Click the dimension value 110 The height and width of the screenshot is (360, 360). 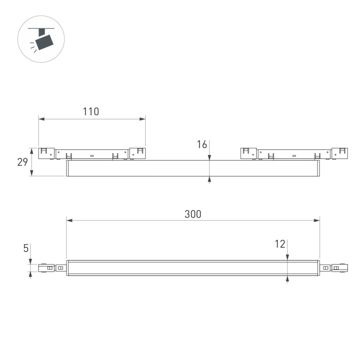(x=91, y=111)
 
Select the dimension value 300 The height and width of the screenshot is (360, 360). (x=193, y=214)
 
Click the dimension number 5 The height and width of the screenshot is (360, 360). (x=26, y=248)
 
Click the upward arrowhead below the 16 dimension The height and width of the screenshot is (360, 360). (x=209, y=180)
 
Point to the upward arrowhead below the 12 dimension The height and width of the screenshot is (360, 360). (x=287, y=279)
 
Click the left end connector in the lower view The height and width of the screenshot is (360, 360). (x=51, y=268)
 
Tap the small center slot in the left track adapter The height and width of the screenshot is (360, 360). (x=92, y=155)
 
